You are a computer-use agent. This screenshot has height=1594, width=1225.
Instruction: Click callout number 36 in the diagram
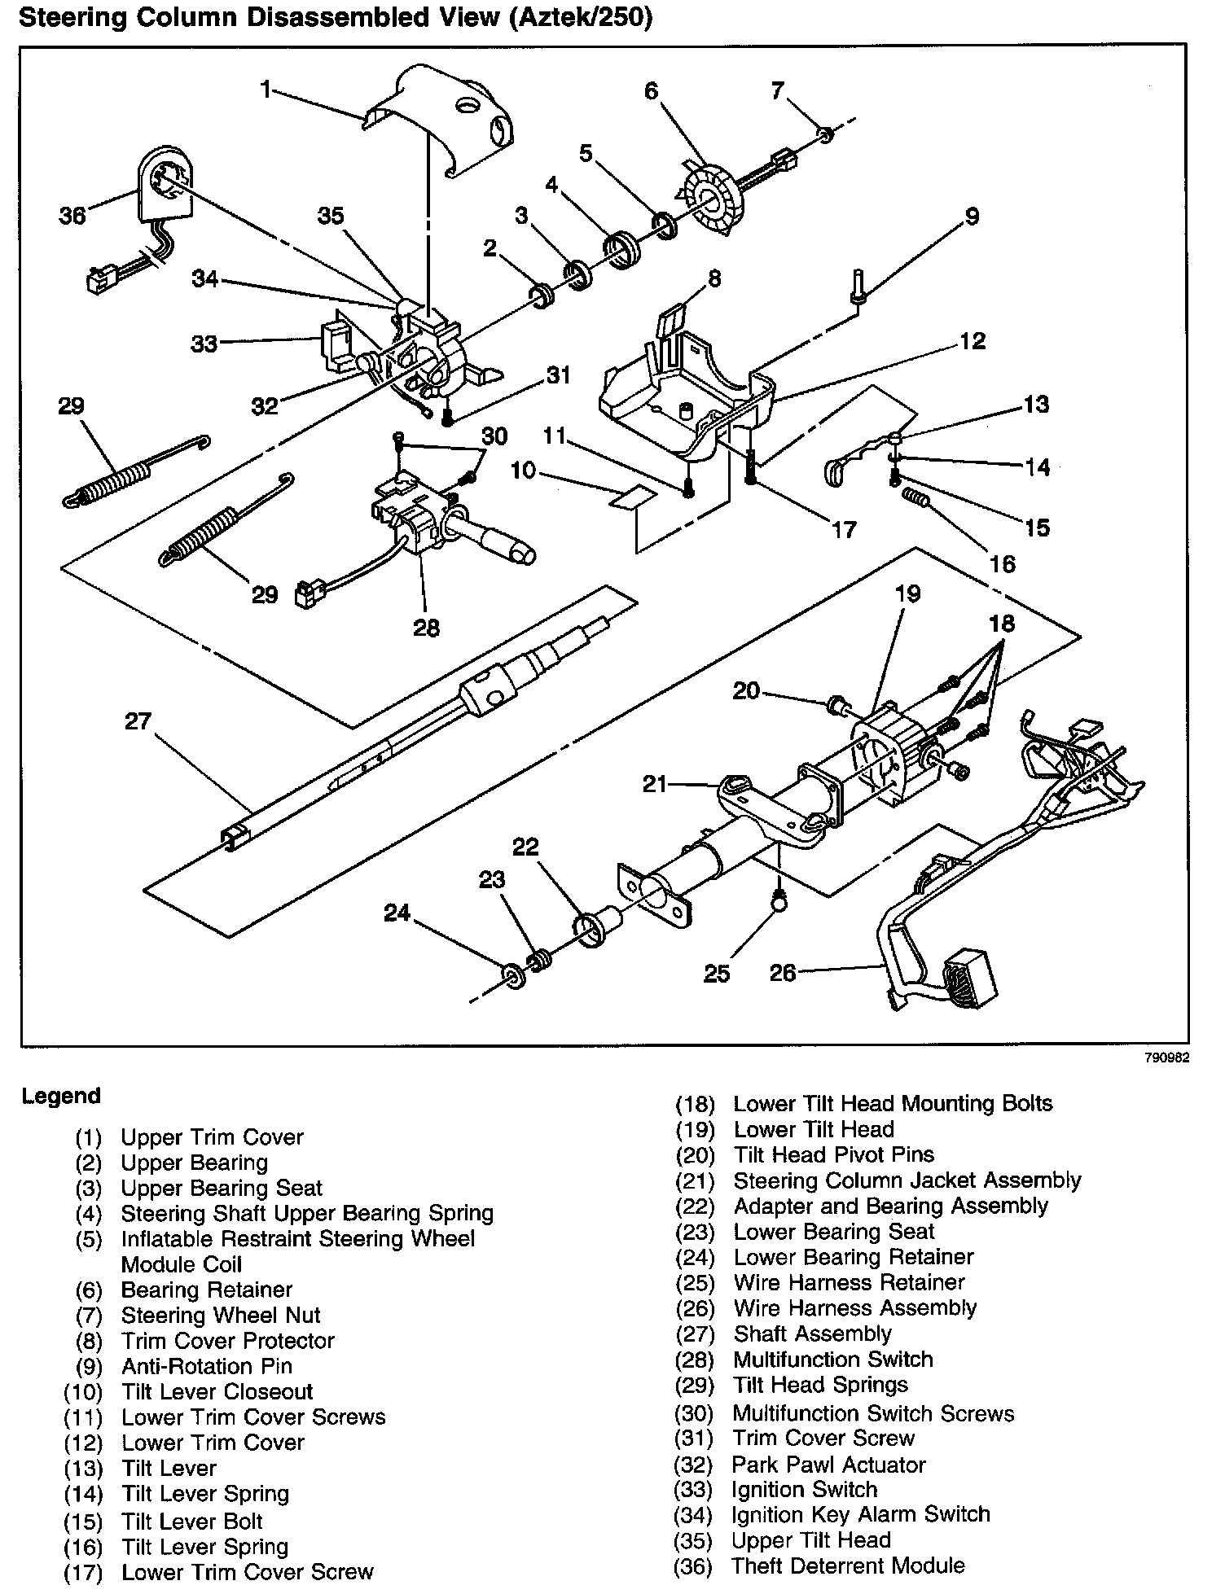pos(72,216)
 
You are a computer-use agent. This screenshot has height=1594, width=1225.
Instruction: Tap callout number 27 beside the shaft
pos(138,721)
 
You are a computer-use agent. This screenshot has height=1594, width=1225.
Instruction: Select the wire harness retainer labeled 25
pos(779,900)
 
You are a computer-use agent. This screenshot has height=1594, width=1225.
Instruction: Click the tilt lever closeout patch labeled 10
pos(633,497)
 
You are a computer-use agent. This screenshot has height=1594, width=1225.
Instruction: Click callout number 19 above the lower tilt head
pos(907,594)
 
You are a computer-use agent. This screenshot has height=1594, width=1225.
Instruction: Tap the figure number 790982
pos(1167,1058)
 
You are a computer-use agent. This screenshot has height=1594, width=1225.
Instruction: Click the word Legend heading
pos(61,1096)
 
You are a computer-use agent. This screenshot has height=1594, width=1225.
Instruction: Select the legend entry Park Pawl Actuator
pos(828,1465)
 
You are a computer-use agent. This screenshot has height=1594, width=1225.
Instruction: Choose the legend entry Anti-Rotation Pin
pos(206,1366)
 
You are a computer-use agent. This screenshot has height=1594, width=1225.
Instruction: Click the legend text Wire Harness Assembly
pos(854,1308)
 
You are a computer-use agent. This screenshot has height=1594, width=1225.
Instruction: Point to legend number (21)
pos(695,1181)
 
